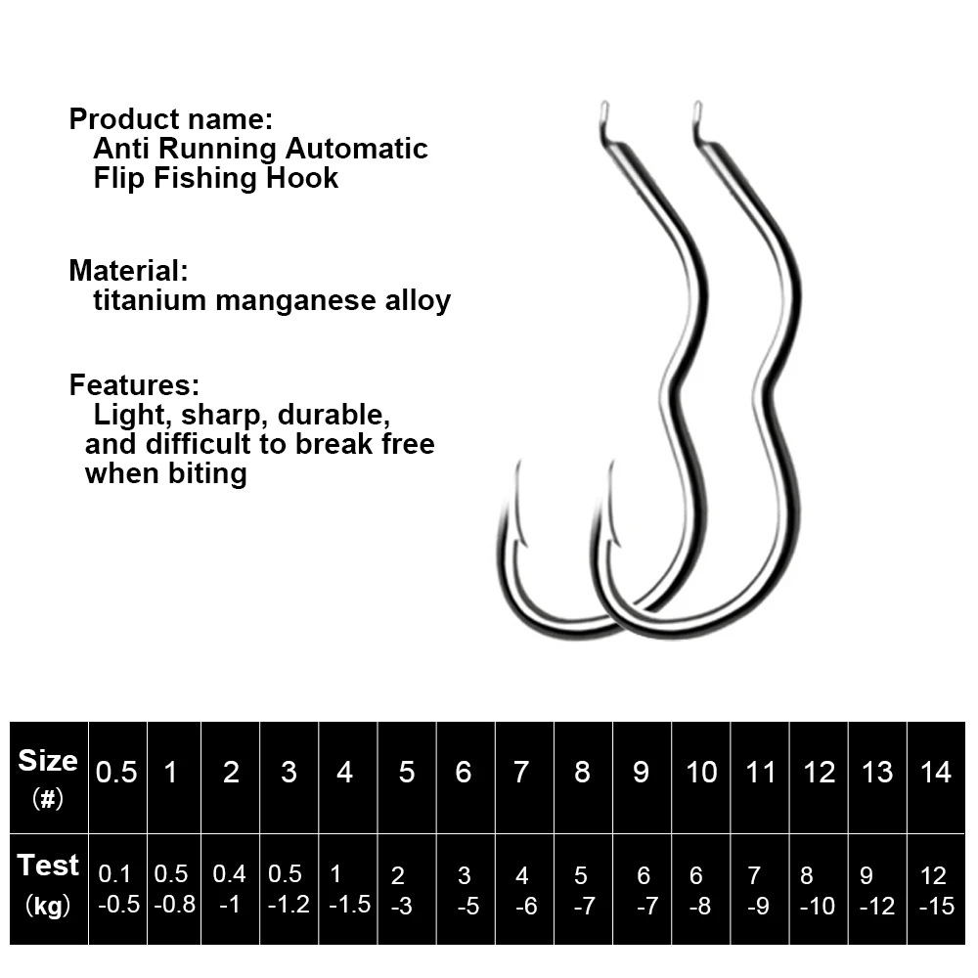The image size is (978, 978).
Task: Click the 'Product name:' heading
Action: [170, 120]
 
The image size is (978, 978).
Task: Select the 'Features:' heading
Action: [134, 384]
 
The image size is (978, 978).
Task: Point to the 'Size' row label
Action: [48, 761]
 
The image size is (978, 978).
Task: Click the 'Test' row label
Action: [48, 866]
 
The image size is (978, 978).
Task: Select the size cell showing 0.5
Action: [116, 773]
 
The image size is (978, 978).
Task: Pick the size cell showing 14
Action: [936, 773]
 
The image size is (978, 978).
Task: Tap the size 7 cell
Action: [523, 773]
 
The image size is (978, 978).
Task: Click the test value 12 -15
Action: [936, 890]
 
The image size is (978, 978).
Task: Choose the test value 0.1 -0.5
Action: [116, 890]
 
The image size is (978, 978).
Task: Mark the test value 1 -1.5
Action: [348, 890]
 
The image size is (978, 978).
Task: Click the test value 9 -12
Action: [877, 890]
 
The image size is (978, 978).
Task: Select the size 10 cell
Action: [701, 773]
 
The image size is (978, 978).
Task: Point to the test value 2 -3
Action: [401, 890]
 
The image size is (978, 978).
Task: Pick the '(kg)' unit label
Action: [48, 907]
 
